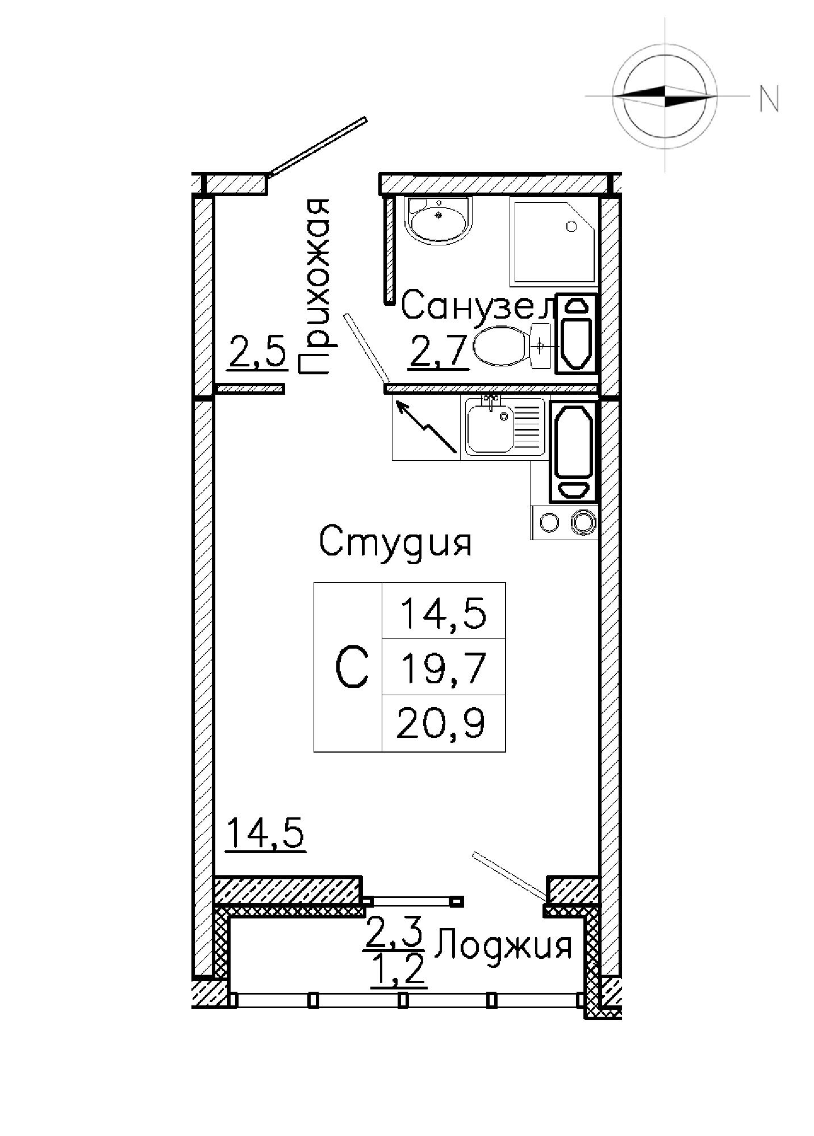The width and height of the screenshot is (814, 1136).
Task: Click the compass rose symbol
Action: click(665, 94)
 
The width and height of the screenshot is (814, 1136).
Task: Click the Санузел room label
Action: click(478, 307)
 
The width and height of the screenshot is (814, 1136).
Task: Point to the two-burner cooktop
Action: click(565, 522)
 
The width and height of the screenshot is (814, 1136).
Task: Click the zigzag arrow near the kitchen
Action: click(426, 427)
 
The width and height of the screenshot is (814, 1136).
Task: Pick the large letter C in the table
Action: click(352, 668)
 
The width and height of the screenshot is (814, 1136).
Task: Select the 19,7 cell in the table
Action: click(444, 667)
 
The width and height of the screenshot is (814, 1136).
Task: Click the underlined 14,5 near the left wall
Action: click(266, 834)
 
